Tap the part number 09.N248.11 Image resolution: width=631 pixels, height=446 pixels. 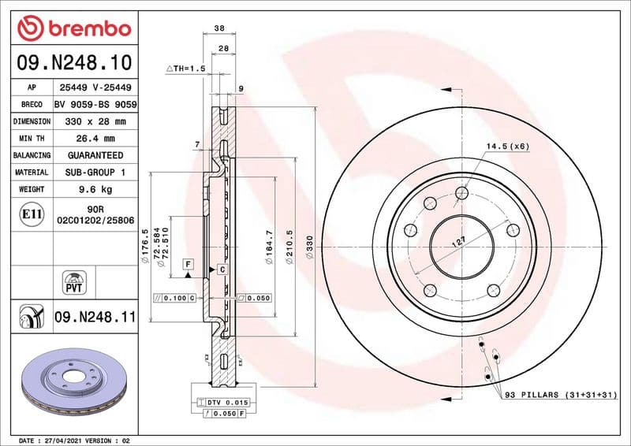point(95,318)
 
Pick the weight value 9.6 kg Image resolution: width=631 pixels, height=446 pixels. point(94,189)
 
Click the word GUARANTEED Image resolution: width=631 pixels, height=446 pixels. point(95,155)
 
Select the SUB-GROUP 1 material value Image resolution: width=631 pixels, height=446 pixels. point(95,172)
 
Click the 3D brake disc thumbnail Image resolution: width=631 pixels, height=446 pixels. point(74,384)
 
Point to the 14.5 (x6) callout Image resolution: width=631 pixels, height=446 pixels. point(507,147)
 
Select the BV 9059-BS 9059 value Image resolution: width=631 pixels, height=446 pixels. point(95,105)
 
